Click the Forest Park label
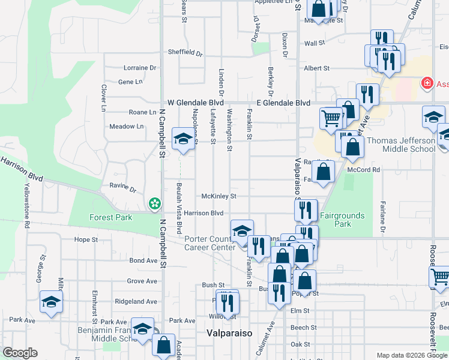[x=110, y=217]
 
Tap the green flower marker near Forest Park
[x=155, y=204]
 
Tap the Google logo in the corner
[x=20, y=353]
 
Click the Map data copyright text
[x=412, y=356]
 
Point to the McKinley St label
[x=218, y=196]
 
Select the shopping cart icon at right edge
[x=440, y=277]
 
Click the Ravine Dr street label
[x=122, y=186]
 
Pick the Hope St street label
[x=86, y=239]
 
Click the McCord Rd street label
[x=367, y=170]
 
